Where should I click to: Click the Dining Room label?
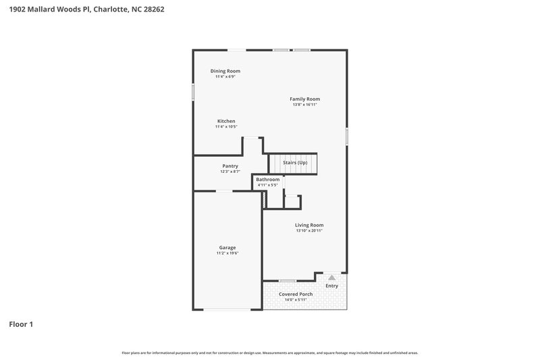click(225, 71)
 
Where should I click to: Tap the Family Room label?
click(304, 99)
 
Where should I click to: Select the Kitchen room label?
click(225, 121)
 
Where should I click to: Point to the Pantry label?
click(230, 165)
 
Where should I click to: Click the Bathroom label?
click(267, 179)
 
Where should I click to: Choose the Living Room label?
click(309, 225)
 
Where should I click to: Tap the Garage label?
click(227, 247)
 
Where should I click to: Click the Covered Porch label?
click(296, 294)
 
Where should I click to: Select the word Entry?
click(332, 286)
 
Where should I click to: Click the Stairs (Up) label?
click(295, 163)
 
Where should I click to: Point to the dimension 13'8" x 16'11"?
click(304, 105)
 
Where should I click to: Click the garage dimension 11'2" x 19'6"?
click(227, 253)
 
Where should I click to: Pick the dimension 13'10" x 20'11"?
click(309, 231)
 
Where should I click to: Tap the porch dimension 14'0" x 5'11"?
click(296, 300)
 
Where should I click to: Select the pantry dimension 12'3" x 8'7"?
click(230, 172)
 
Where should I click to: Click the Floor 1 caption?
click(21, 324)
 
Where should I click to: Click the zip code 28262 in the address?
click(152, 9)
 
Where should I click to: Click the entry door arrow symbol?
click(331, 276)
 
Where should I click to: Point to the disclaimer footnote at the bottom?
click(270, 353)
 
